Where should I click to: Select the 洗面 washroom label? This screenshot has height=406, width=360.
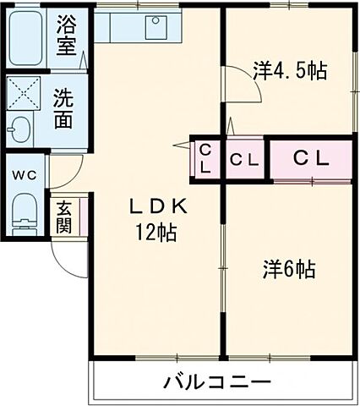(x=63, y=109)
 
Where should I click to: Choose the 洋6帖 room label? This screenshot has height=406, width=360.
(x=289, y=270)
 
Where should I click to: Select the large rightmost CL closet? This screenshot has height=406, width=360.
(x=311, y=158)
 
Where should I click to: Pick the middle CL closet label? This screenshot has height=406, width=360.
(x=244, y=158)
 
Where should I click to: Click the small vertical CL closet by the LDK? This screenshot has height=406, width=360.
(x=205, y=158)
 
